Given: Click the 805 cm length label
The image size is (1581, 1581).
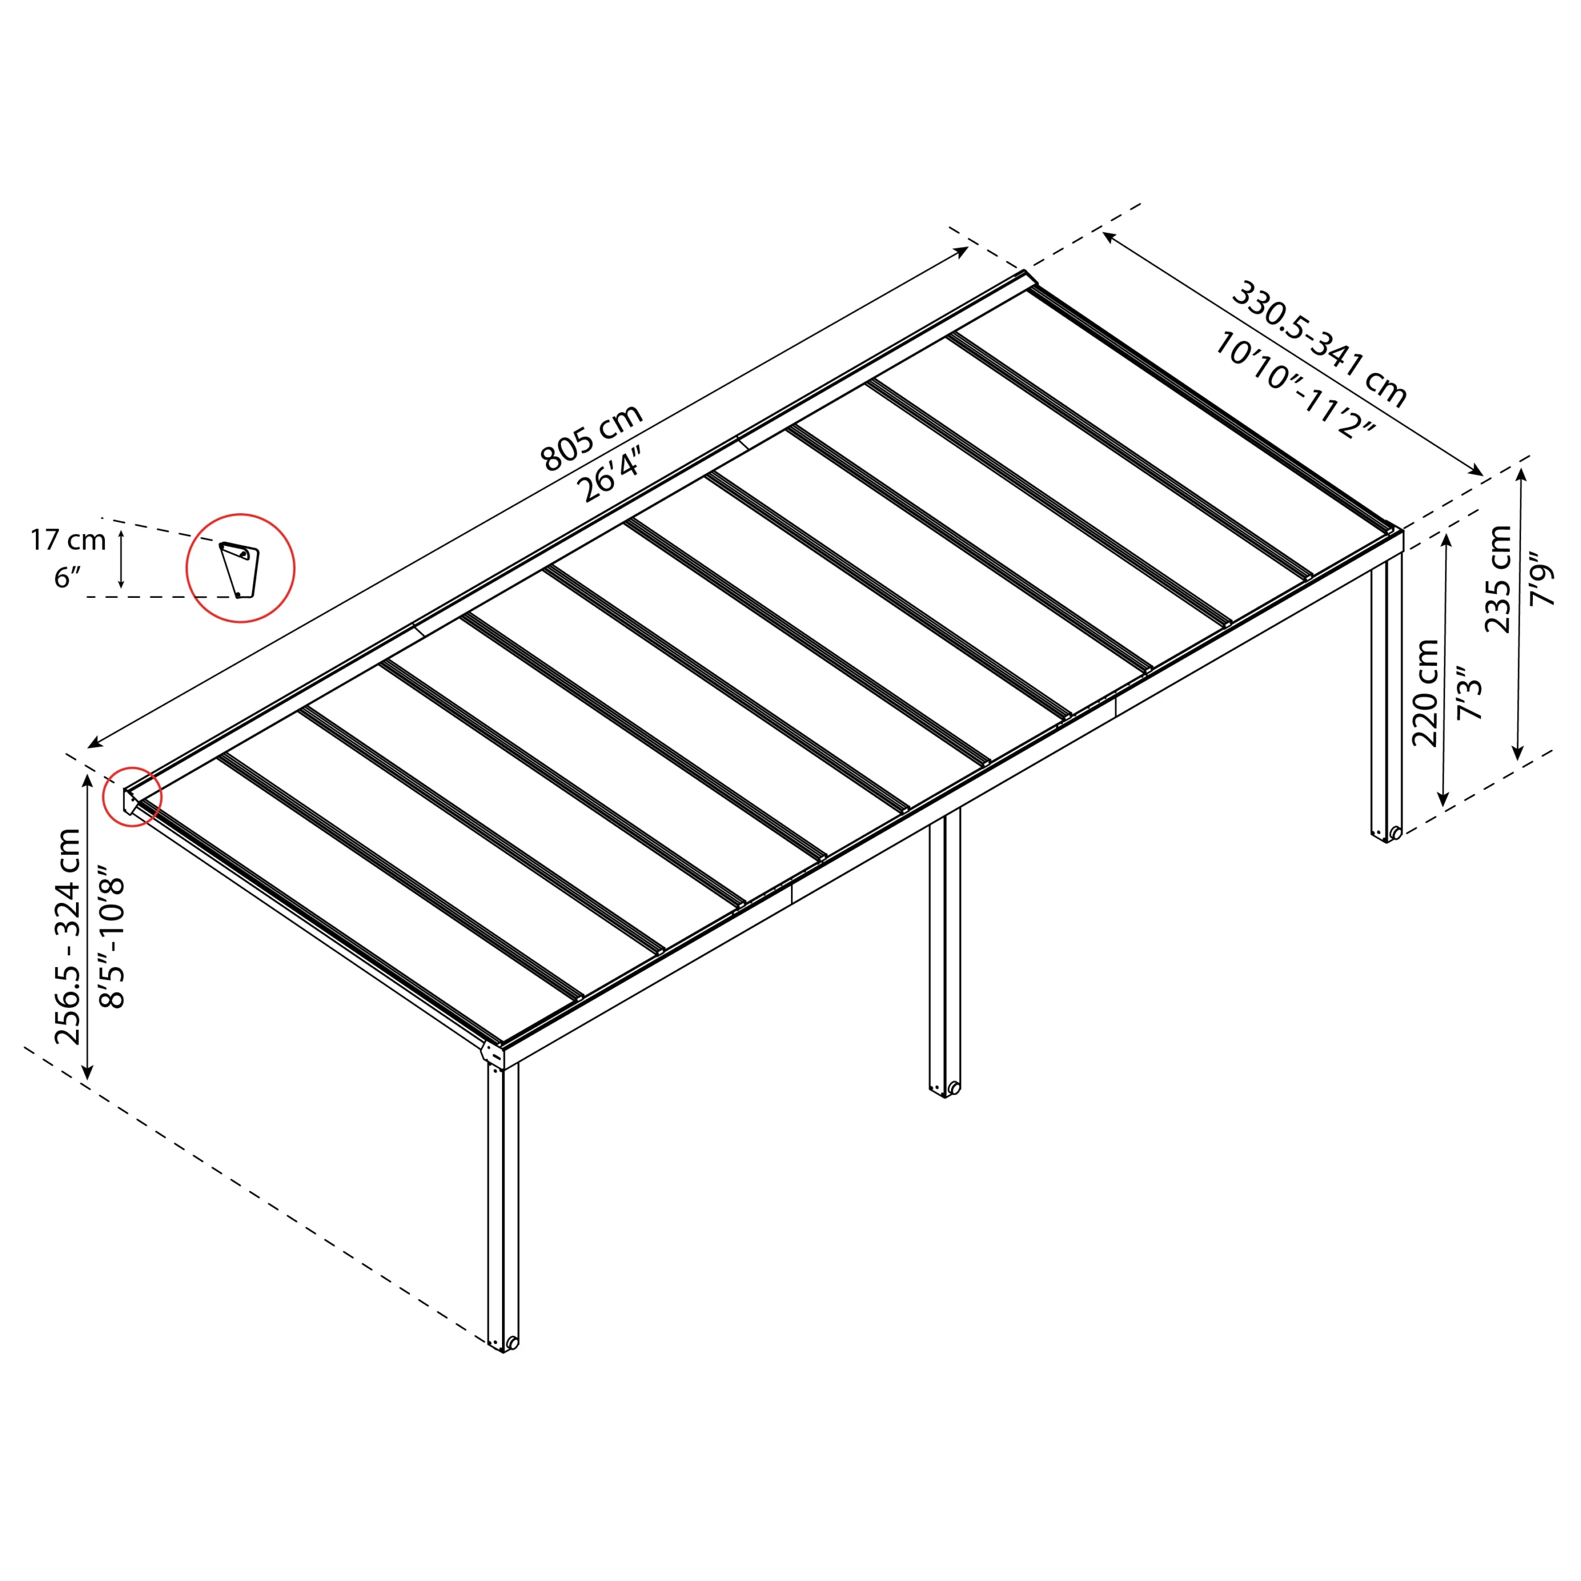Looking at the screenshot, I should coord(592,438).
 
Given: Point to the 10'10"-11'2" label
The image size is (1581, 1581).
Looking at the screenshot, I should coord(1294,385).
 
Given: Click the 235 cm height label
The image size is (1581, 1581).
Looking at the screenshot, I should coord(1498,579).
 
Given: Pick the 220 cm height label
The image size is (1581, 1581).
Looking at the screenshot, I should coord(1425,692).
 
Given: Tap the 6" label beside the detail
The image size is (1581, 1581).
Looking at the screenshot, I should coord(68,577).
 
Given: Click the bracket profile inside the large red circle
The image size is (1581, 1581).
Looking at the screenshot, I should coord(240,569).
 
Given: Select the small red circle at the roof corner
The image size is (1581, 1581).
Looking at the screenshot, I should coord(132,796).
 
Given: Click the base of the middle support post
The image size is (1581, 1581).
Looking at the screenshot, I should coord(944,1088).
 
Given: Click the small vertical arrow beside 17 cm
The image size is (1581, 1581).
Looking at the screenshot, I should coord(121,559).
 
